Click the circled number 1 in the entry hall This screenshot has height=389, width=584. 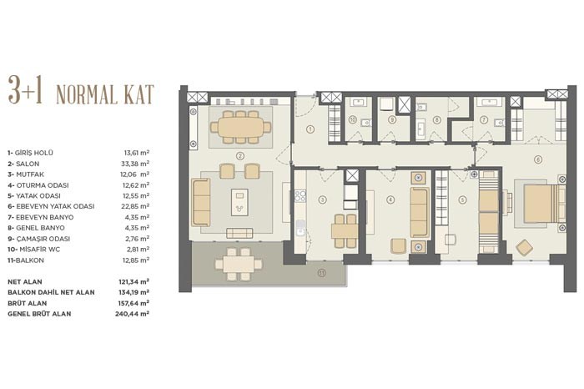pos(310,129)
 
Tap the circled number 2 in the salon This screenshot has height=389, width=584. pos(240,156)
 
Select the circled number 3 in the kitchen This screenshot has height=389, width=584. pos(323,200)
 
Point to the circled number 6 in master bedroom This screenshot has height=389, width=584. pos(537,159)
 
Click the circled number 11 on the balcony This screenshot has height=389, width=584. pos(322,273)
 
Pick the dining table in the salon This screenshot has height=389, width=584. pos(240,127)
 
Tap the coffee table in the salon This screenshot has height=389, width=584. pos(239,202)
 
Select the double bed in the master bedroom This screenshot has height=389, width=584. pos(544,202)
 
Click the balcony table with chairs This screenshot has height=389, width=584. pos(239,265)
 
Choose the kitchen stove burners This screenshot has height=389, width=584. pos(300,196)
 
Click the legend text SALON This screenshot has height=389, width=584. pos(28,164)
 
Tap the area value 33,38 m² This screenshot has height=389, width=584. pos(137,164)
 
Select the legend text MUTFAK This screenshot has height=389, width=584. pos(30,174)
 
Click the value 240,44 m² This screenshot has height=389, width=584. pos(132,314)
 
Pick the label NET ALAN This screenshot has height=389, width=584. pos(25,282)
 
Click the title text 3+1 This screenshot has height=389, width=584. pos(25,90)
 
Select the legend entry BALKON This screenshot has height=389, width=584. pos(29,260)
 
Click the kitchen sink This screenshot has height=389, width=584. pos(300,227)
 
